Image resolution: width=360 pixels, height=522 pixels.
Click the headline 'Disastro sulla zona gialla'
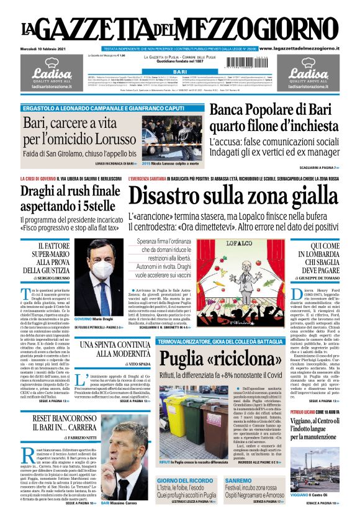233,198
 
